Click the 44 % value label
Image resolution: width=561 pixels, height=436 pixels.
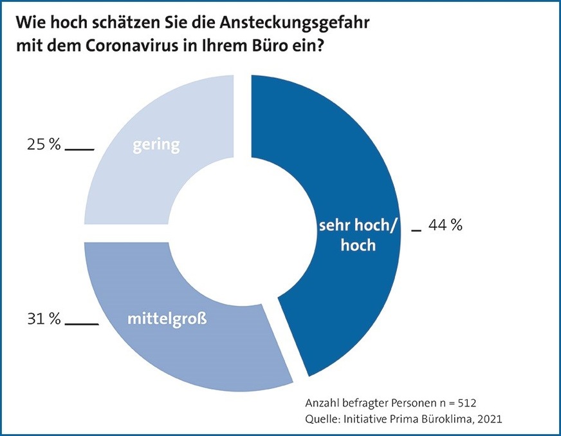(x=446, y=225)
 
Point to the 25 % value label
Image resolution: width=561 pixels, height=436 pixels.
(x=40, y=145)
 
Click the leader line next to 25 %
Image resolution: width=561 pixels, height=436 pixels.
(x=79, y=149)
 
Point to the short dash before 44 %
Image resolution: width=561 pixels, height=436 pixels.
(x=416, y=230)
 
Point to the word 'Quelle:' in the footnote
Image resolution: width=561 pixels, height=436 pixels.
(x=323, y=419)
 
